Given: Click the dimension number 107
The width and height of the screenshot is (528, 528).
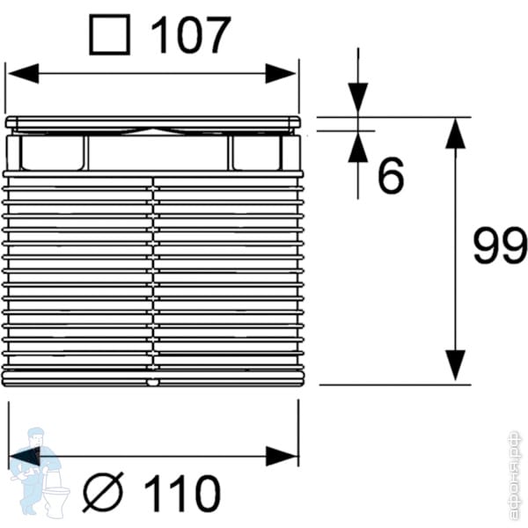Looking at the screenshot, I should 191,36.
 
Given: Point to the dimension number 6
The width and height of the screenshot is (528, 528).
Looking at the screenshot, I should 390,177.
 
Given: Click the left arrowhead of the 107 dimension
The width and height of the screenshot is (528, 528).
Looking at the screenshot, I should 22,73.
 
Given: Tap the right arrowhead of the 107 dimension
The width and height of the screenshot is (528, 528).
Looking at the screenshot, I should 282,73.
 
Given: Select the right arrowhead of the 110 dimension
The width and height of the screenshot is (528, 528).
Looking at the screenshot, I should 282,456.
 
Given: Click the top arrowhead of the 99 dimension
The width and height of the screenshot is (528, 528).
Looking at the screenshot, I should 454,134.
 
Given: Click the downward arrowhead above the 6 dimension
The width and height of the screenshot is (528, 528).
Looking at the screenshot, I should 357,97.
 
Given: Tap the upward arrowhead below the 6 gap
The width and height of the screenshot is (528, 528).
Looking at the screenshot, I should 357,148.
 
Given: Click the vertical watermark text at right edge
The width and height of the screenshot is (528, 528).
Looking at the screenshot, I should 516,475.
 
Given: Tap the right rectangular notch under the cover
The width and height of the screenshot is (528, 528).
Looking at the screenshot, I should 256,152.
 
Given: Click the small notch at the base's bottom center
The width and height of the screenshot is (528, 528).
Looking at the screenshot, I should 153,383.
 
